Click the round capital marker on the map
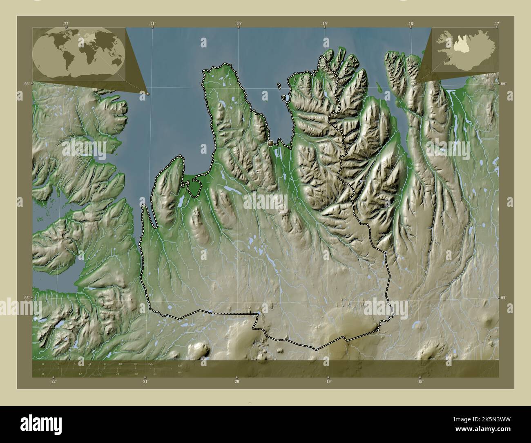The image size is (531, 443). [270, 143]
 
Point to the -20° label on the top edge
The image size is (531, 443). [238, 24]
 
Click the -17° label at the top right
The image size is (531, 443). [496, 24]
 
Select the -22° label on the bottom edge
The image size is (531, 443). [53, 382]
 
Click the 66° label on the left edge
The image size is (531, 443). [26, 83]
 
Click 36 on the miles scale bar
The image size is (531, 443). [155, 374]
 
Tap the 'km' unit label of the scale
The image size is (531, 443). [179, 366]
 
